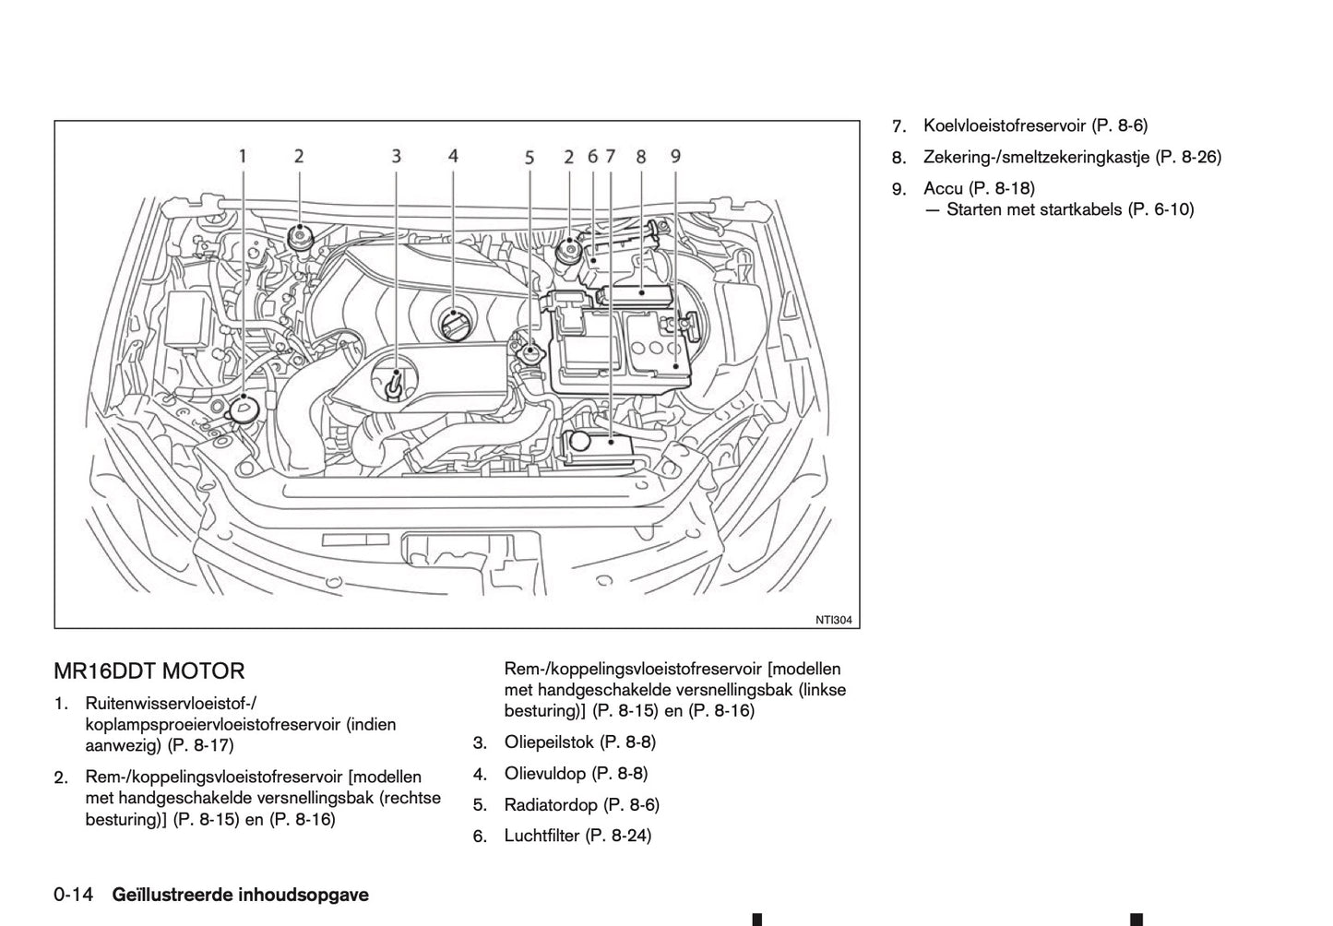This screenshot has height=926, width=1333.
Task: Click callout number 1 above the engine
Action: pyautogui.click(x=243, y=156)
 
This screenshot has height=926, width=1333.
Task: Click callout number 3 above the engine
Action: pyautogui.click(x=396, y=156)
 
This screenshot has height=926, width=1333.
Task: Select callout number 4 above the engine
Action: pyautogui.click(x=453, y=156)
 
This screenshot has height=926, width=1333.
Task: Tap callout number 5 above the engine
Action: pyautogui.click(x=530, y=158)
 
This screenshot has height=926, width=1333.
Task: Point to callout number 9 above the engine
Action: pyautogui.click(x=675, y=156)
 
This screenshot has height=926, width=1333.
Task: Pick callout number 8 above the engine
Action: pyautogui.click(x=641, y=156)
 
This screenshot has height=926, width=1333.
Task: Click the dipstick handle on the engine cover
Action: pyautogui.click(x=395, y=381)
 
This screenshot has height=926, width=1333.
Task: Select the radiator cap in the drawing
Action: pyautogui.click(x=530, y=352)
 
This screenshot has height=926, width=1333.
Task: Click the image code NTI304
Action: pyautogui.click(x=832, y=620)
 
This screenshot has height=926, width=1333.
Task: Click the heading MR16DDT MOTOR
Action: pyautogui.click(x=149, y=671)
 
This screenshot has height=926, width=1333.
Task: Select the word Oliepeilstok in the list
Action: pyautogui.click(x=550, y=742)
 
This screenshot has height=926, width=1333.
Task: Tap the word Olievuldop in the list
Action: pyautogui.click(x=544, y=773)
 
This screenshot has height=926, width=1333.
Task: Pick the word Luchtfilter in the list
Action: pyautogui.click(x=542, y=836)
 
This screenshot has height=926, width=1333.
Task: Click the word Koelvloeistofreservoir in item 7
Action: pyautogui.click(x=1004, y=125)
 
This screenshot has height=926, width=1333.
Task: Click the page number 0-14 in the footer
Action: pyautogui.click(x=74, y=895)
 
